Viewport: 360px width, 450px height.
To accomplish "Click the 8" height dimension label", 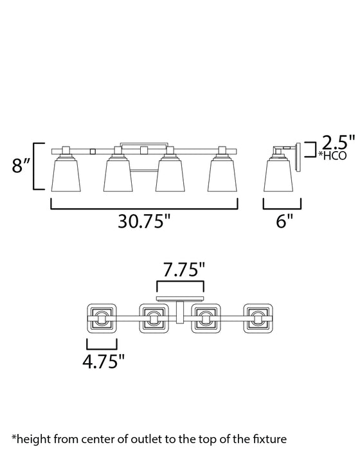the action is [21, 166].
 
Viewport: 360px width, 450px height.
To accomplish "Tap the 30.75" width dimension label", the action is [144, 221].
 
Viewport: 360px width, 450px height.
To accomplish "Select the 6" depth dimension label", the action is [285, 221].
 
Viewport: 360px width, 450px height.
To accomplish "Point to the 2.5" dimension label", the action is [338, 142].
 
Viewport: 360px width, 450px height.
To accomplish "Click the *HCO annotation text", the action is [332, 156].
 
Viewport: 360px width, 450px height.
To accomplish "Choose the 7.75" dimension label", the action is [184, 270].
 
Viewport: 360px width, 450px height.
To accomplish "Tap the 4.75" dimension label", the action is [104, 361].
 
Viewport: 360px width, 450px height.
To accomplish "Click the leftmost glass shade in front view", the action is [66, 175].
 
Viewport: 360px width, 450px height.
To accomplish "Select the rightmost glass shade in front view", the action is [222, 175].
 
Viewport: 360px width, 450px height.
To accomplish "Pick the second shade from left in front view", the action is [118, 175].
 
